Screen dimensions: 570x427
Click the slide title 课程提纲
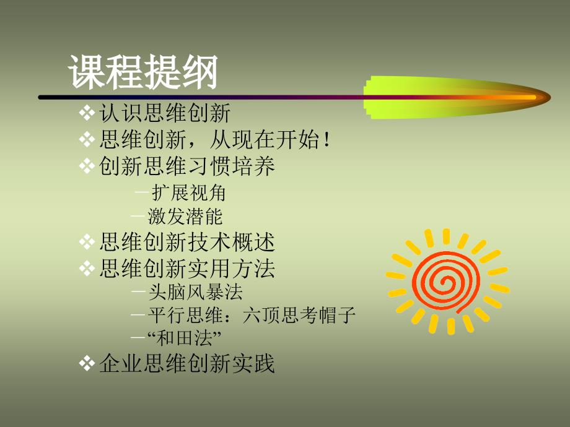click(x=142, y=72)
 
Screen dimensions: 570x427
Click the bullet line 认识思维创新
click(x=164, y=113)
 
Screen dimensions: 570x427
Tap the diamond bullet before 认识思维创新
click(x=87, y=113)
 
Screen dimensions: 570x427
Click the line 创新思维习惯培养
click(x=187, y=166)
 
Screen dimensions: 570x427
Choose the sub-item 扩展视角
click(x=189, y=192)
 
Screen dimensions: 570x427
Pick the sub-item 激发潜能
click(x=185, y=217)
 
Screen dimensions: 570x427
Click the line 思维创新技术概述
click(x=187, y=242)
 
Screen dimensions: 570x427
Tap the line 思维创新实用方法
click(x=187, y=269)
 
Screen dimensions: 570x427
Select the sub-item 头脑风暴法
click(x=195, y=291)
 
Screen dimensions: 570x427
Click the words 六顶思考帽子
click(x=299, y=315)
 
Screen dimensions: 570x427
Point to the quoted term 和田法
click(x=184, y=338)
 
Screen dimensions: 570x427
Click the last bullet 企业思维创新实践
click(x=187, y=363)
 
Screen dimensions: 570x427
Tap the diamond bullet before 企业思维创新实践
click(x=87, y=363)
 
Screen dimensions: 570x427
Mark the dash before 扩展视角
click(x=142, y=192)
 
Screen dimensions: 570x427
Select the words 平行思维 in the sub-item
click(x=185, y=315)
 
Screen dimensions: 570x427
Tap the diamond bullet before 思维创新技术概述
click(x=87, y=242)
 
